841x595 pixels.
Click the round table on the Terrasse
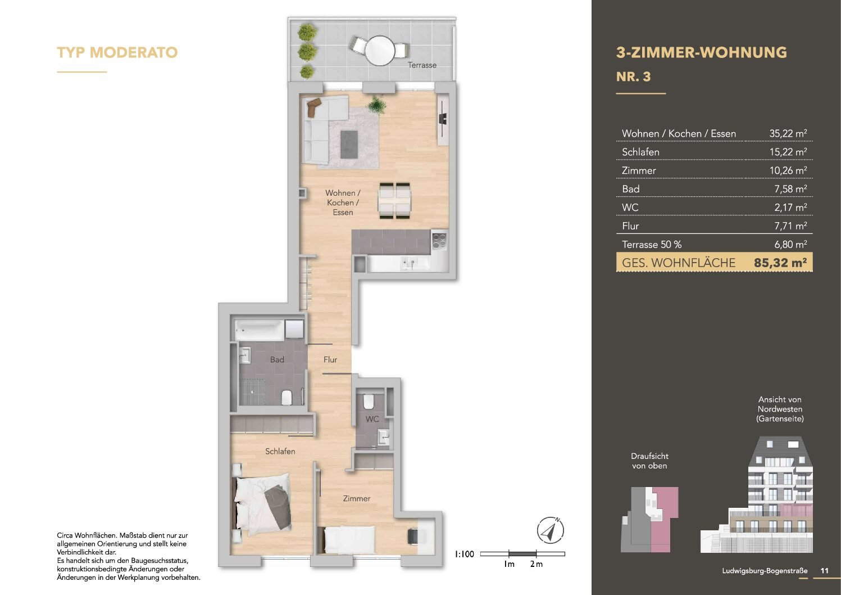coord(380,51)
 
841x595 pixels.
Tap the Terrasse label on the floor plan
coord(422,65)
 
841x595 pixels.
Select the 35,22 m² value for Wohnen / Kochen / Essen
coord(788,134)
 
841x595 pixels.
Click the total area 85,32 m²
coord(780,263)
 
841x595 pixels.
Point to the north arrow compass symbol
coord(550,530)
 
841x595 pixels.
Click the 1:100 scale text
coord(464,555)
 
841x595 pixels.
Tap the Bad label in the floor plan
coord(277,360)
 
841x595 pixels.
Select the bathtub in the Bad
coord(259,330)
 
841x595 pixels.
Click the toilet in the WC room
coord(369,402)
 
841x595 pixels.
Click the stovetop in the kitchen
coord(439,241)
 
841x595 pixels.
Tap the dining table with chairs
coord(394,200)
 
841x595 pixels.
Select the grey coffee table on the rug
coord(349,145)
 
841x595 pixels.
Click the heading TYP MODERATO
coord(117,53)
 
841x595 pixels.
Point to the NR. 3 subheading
coord(633,77)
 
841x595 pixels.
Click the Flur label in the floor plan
coord(330,360)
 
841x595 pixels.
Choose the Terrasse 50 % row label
coord(652,245)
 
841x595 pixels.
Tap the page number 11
coord(824,571)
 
